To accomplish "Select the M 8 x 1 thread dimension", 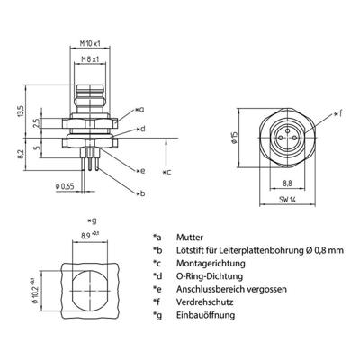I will click(86, 60).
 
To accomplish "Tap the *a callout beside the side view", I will click(138, 107).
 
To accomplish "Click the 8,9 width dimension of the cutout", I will click(87, 234).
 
